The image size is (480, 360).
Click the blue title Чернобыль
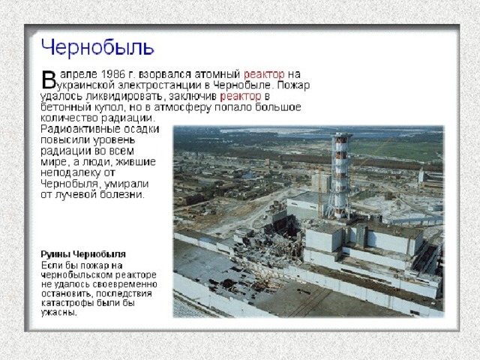[97, 47]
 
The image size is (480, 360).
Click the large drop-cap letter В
[48, 79]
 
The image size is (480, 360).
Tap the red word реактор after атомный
[264, 75]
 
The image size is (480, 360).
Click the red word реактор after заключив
[241, 97]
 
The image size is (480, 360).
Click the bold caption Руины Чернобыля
[83, 254]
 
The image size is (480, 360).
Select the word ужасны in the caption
[58, 313]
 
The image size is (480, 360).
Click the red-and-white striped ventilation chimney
[340, 175]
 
